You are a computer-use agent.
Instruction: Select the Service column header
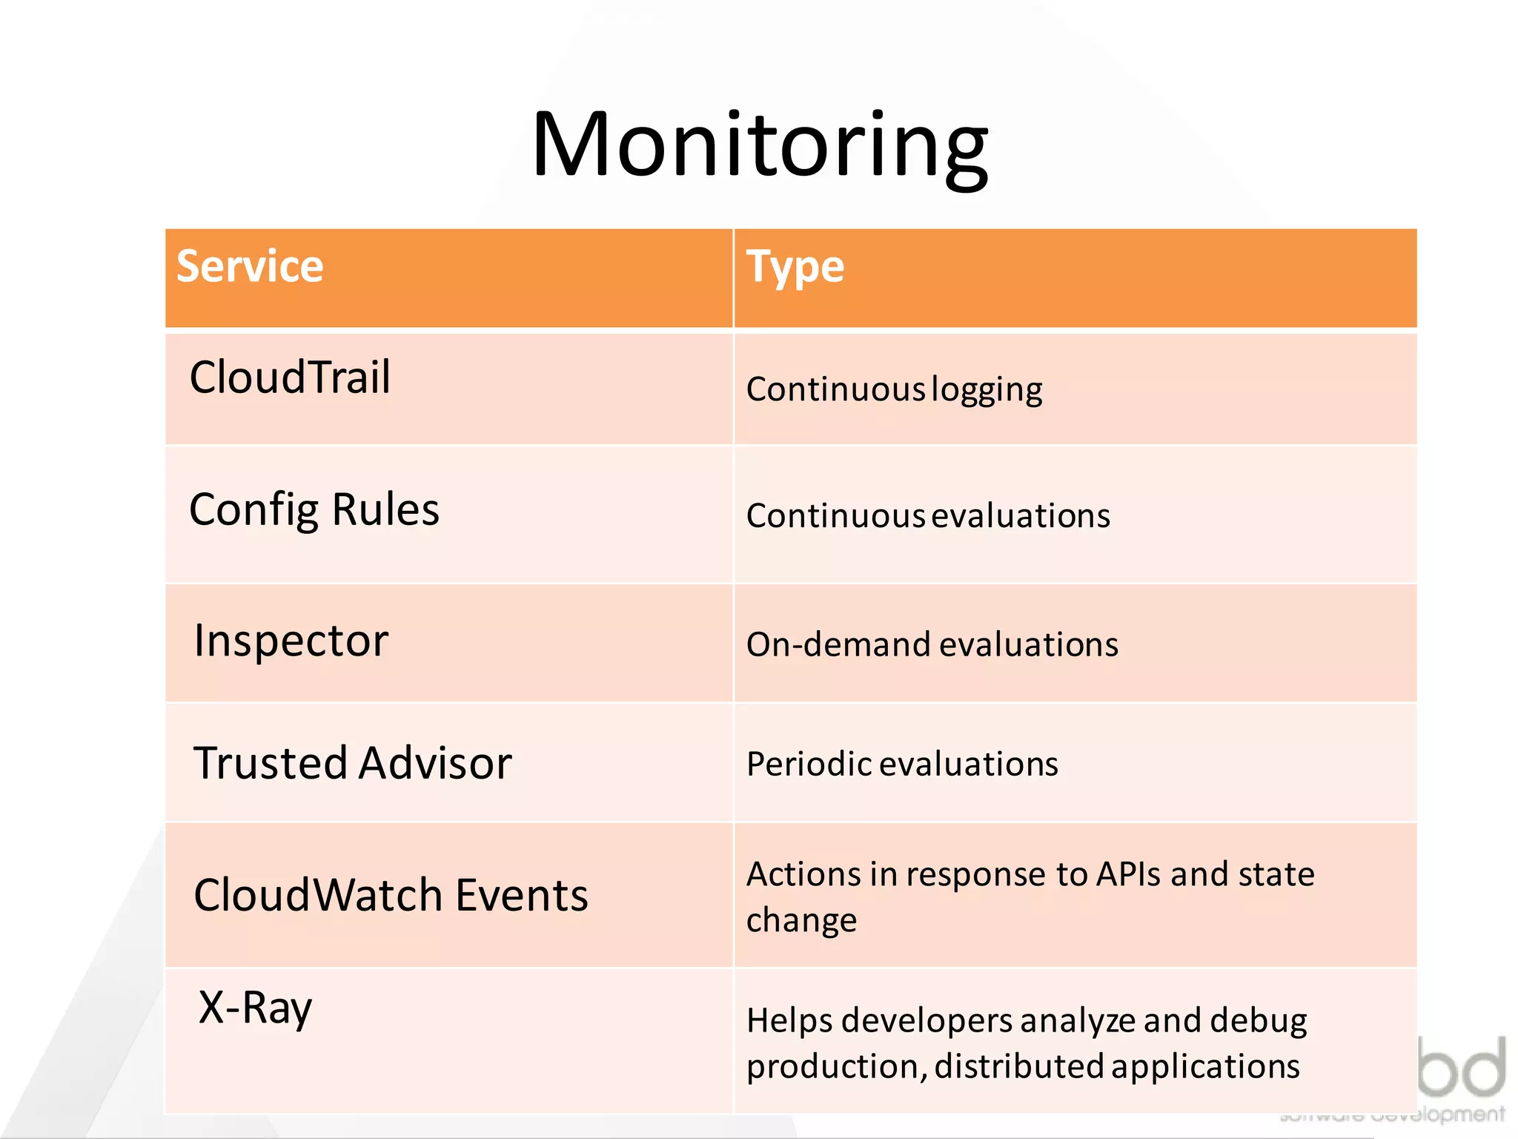click(x=250, y=266)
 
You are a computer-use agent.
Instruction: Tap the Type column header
click(x=795, y=267)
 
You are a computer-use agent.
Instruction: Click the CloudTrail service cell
click(x=290, y=377)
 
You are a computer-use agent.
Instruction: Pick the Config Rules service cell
click(x=314, y=509)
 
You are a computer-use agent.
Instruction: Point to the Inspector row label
click(x=291, y=641)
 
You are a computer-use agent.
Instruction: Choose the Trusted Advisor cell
click(x=352, y=763)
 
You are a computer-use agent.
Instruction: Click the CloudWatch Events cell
click(x=390, y=895)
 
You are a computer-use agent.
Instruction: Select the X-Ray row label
click(x=255, y=1008)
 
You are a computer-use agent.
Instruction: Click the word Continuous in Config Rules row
click(x=835, y=516)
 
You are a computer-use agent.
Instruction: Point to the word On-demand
click(x=838, y=644)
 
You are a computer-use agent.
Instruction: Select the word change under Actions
click(x=801, y=921)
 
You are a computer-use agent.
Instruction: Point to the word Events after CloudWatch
click(x=521, y=895)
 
